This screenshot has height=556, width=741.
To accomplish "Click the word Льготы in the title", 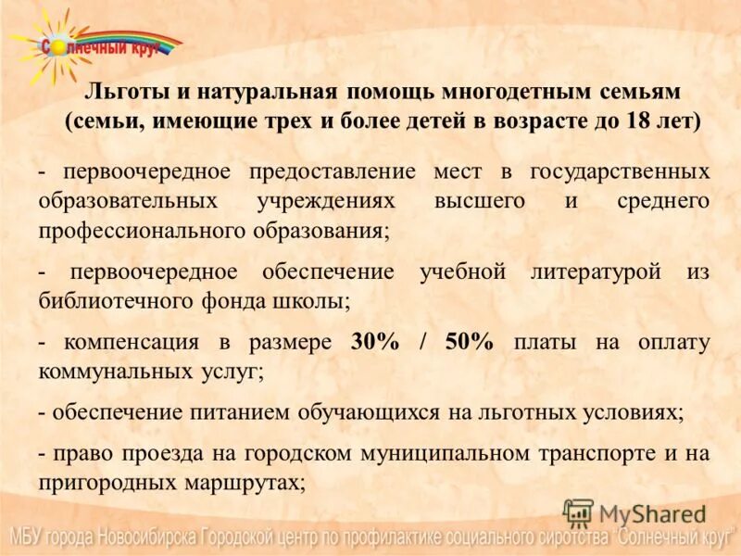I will pyautogui.click(x=117, y=93).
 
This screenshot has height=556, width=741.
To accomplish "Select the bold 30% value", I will pyautogui.click(x=374, y=342).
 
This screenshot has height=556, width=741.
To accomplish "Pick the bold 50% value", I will pyautogui.click(x=469, y=342).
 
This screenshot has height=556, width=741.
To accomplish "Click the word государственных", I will pyautogui.click(x=620, y=171).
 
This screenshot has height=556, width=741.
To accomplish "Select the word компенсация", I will pyautogui.click(x=131, y=342).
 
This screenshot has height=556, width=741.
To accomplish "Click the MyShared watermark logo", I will pyautogui.click(x=634, y=513).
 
